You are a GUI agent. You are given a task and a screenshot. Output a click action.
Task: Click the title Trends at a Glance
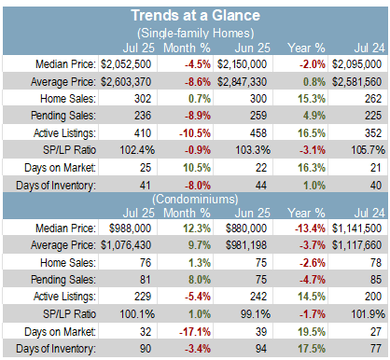click(195, 15)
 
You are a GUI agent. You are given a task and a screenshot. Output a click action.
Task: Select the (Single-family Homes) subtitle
click(195, 33)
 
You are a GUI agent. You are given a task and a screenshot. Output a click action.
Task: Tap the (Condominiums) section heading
click(195, 199)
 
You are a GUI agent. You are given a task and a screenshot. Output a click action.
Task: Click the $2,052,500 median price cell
click(126, 64)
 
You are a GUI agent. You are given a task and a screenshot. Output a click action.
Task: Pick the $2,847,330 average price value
click(242, 82)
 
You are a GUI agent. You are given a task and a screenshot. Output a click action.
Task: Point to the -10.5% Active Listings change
click(195, 133)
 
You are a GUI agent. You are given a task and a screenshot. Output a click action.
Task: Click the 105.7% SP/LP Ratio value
click(368, 150)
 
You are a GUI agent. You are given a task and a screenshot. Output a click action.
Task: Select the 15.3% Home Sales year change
click(312, 99)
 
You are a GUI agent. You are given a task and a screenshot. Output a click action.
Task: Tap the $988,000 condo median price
click(130, 228)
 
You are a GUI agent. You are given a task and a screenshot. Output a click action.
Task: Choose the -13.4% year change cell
click(310, 228)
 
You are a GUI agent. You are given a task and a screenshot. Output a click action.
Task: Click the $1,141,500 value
click(356, 228)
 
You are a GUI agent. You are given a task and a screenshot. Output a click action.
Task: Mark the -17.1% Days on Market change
click(195, 332)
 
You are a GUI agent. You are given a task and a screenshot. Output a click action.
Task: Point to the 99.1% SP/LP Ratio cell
click(256, 314)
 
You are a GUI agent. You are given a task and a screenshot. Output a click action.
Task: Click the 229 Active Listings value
click(143, 297)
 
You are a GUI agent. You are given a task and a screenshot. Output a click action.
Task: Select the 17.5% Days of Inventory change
click(312, 349)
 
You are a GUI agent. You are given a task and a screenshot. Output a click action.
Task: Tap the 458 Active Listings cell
click(258, 133)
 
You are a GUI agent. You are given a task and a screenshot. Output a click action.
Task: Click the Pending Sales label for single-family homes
click(63, 116)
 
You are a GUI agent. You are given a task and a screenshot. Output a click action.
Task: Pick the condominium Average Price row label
click(63, 245)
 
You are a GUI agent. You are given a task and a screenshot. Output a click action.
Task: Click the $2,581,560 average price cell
click(356, 82)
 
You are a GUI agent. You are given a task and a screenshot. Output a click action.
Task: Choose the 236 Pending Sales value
click(143, 116)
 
